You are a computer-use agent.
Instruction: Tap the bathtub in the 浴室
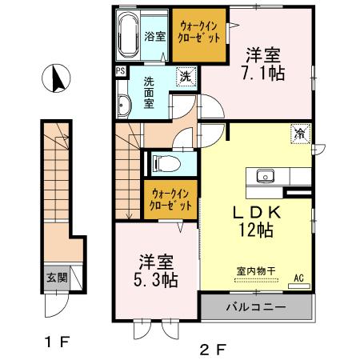coord(128,35)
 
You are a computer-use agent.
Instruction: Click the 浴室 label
coord(154,36)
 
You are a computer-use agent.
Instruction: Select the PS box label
coord(120,70)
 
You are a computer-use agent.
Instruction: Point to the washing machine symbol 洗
coord(184,78)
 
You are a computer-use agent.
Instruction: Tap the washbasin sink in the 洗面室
coord(124,106)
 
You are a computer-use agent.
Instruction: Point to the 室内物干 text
coord(256,270)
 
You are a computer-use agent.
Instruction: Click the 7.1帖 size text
coord(265,73)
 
